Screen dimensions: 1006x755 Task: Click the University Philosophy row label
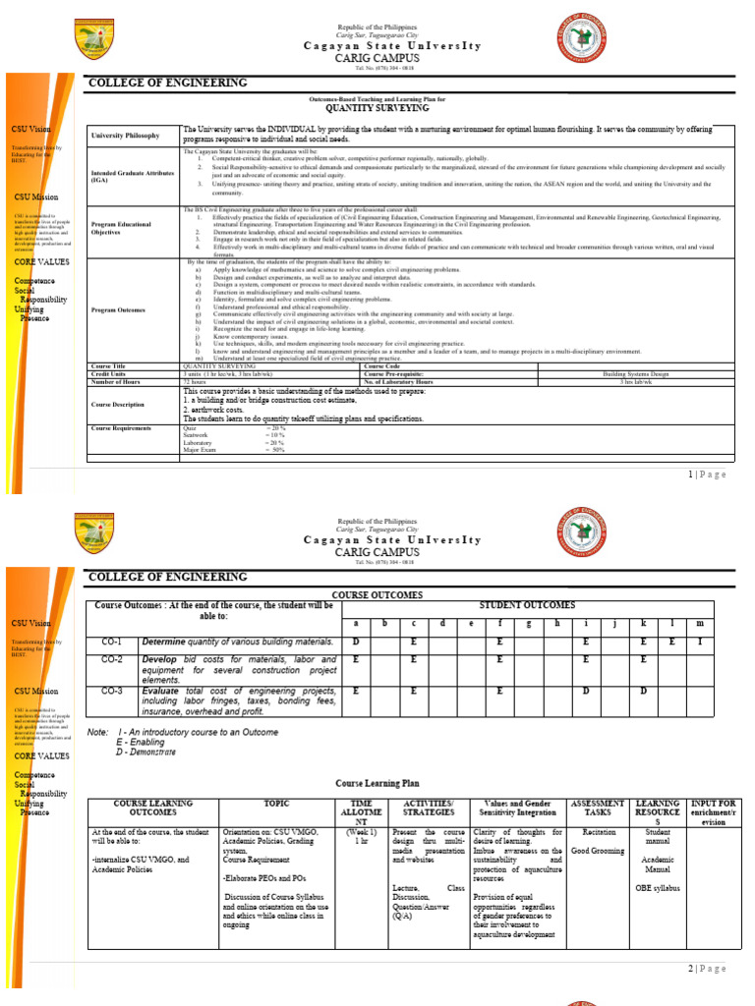(x=125, y=136)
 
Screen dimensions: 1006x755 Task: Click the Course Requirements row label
(x=126, y=428)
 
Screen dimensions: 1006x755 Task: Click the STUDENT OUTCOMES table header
(x=527, y=605)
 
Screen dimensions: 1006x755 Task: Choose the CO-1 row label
(x=111, y=642)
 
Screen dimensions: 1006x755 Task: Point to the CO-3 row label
(x=111, y=691)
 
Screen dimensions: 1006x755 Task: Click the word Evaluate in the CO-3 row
(x=160, y=691)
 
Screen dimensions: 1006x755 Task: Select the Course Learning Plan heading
(x=377, y=784)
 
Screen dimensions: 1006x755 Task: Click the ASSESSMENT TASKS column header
(x=599, y=808)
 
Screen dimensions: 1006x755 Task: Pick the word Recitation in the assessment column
(x=599, y=831)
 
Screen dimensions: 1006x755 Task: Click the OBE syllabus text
(x=658, y=888)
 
